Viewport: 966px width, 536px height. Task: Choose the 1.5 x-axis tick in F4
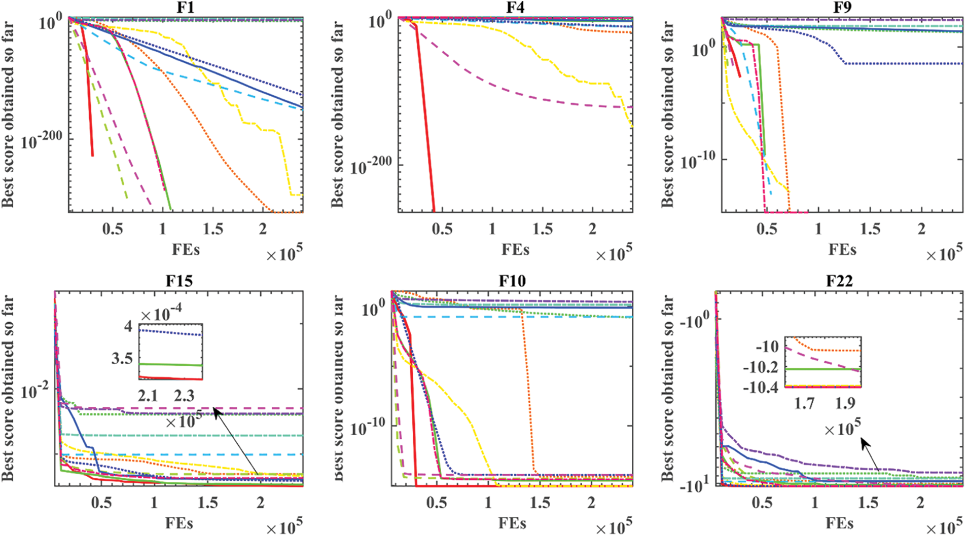pyautogui.click(x=542, y=229)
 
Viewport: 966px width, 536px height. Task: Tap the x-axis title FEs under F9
pyautogui.click(x=842, y=250)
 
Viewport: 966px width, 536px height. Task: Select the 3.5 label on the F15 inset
pyautogui.click(x=122, y=359)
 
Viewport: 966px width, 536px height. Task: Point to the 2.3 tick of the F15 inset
pyautogui.click(x=184, y=396)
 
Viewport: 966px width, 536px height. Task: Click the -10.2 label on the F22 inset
pyautogui.click(x=761, y=367)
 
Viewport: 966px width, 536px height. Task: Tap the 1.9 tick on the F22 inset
pyautogui.click(x=845, y=403)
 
